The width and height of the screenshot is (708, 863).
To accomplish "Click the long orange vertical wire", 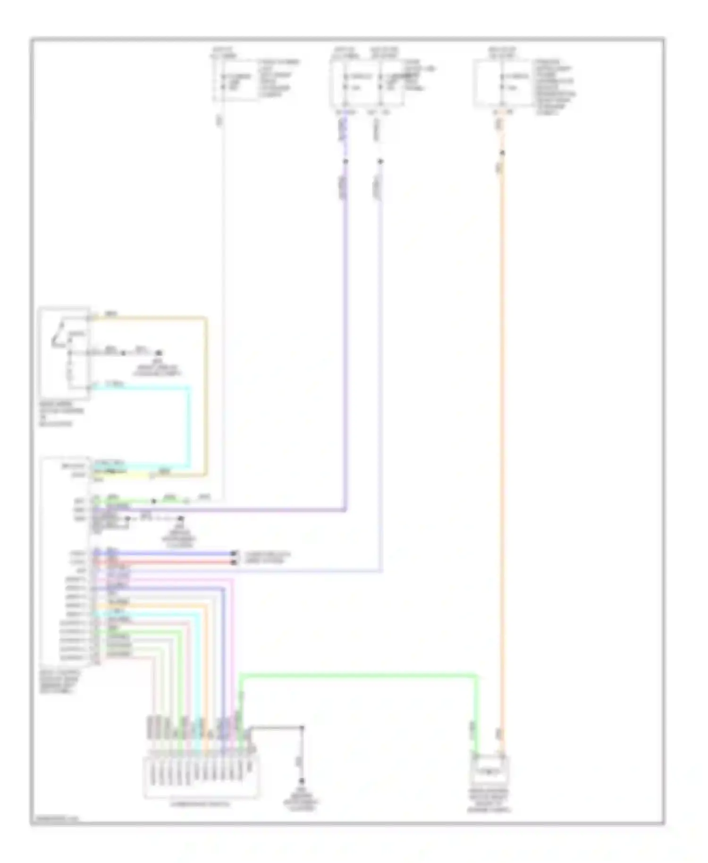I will pyautogui.click(x=502, y=425).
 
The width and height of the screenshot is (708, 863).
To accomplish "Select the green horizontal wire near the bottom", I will pyautogui.click(x=359, y=676).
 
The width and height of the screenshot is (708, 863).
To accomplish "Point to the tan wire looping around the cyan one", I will pyautogui.click(x=206, y=397).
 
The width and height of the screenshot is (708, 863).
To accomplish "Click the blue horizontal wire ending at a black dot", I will pyautogui.click(x=165, y=553).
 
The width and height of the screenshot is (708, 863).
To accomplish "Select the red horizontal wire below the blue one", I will pyautogui.click(x=165, y=562).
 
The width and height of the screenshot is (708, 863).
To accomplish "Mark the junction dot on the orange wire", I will pyautogui.click(x=502, y=153).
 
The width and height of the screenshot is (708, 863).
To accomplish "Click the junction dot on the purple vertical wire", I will pyautogui.click(x=346, y=161).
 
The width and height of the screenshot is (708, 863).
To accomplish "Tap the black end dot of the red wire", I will pyautogui.click(x=233, y=562).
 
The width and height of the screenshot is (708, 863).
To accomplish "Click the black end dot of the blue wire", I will pyautogui.click(x=233, y=553).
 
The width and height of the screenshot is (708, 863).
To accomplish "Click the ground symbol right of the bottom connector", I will pyautogui.click(x=302, y=781).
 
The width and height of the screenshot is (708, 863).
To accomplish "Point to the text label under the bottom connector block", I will pyautogui.click(x=201, y=804).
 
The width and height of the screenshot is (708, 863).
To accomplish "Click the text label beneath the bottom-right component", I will pyautogui.click(x=489, y=800).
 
